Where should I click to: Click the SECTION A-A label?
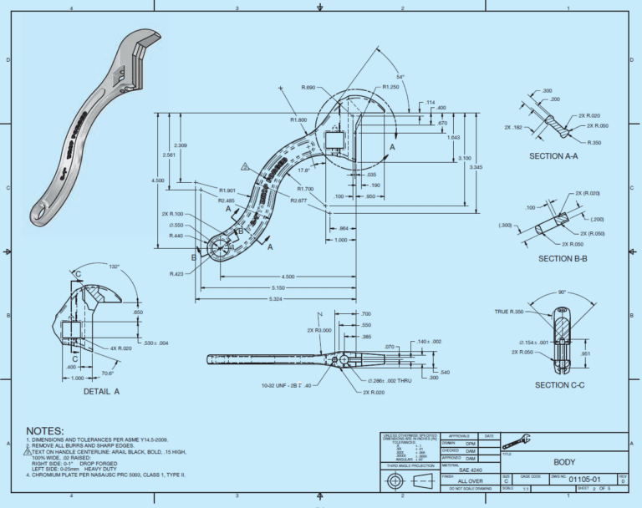click(x=558, y=156)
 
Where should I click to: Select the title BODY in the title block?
click(x=565, y=461)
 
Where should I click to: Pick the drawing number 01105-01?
click(x=586, y=480)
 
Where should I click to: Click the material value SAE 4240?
click(x=470, y=470)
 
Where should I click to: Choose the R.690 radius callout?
click(x=307, y=88)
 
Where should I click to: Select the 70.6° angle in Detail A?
click(x=108, y=373)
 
